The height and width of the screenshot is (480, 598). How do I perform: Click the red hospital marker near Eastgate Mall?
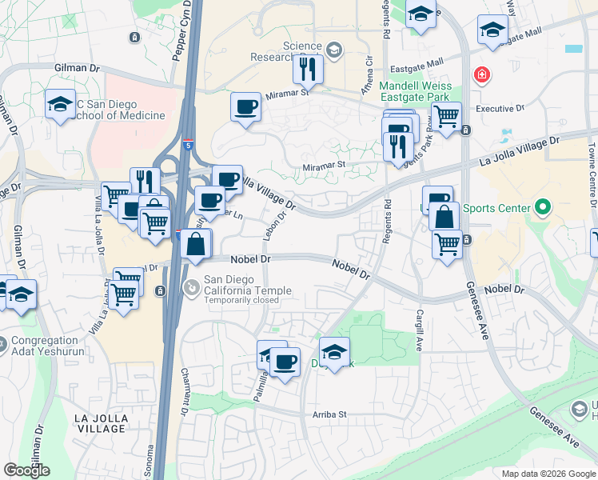click(482, 76)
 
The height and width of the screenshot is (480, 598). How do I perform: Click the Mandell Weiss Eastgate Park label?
click(415, 92)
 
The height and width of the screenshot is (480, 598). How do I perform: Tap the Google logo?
click(26, 470)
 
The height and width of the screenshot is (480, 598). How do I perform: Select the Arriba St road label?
click(329, 414)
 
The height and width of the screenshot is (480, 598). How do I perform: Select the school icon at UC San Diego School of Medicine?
click(59, 105)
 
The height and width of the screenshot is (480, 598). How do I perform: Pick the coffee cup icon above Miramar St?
click(246, 106)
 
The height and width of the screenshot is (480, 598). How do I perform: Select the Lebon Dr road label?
click(270, 223)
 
